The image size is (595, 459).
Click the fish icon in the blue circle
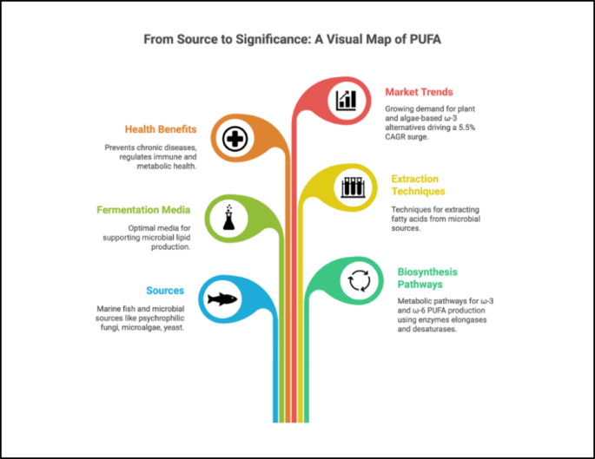point(223,300)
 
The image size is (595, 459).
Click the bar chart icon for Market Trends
point(347,100)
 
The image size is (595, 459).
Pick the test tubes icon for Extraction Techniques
point(351,187)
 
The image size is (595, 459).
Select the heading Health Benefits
point(161,129)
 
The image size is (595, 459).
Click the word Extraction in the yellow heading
point(414,179)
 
